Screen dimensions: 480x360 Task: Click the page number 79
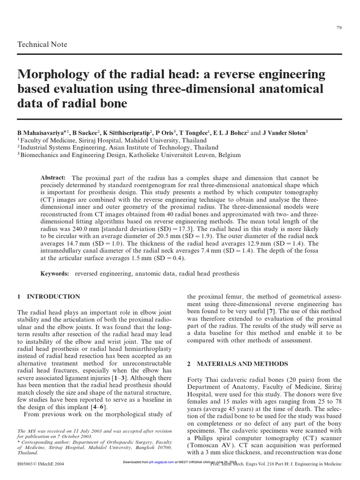coord(339,28)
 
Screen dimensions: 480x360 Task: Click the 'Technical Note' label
coord(42,45)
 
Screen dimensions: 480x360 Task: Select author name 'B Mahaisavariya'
coord(42,133)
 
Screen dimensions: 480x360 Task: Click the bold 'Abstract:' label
coord(54,178)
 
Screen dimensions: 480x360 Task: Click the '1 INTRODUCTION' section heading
coord(48,297)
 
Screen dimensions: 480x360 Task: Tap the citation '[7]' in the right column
coord(270,312)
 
